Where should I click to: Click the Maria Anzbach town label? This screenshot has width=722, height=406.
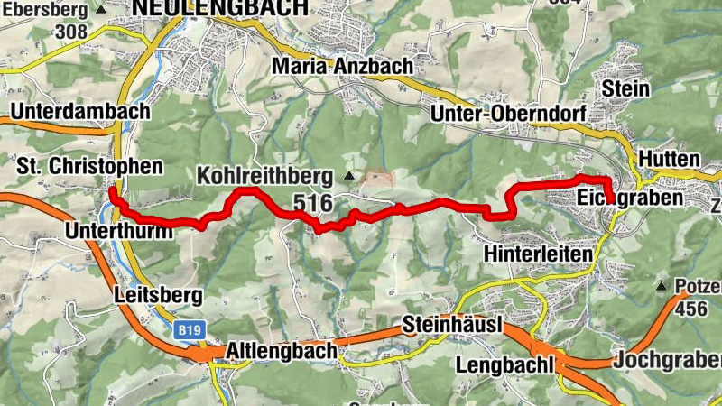[342, 66]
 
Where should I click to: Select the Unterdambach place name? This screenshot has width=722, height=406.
[81, 111]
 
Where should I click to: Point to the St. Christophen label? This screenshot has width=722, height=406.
[89, 167]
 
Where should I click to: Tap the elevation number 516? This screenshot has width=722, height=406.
[312, 202]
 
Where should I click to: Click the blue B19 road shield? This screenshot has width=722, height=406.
[189, 331]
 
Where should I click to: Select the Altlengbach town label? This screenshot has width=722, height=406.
[282, 349]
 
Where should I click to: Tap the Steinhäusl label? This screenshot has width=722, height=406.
[451, 325]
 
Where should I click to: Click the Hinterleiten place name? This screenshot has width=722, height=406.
[539, 254]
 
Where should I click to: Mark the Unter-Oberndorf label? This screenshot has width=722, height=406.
[509, 114]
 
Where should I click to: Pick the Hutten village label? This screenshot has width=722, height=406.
[669, 159]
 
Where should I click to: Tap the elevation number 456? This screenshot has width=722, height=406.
[690, 309]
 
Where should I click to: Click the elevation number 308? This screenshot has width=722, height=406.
[69, 32]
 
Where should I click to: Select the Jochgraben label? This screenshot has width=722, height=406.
[668, 361]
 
